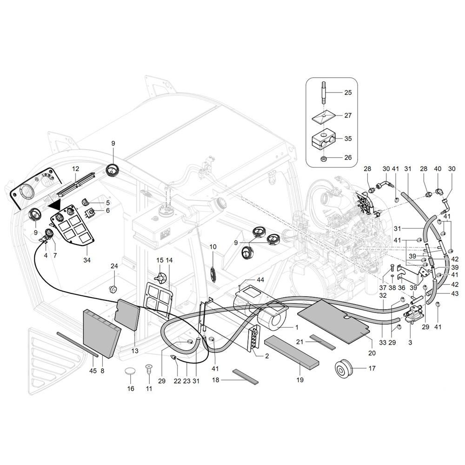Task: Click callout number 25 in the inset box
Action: (348, 93)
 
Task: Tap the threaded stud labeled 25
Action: (324, 93)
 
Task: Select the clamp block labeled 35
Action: (324, 139)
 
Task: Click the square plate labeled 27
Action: (324, 115)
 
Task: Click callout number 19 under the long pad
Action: (300, 379)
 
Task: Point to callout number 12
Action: (76, 169)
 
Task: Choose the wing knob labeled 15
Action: (161, 278)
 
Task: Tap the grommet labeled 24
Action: (113, 289)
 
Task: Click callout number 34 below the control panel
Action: (87, 260)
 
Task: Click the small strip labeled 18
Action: (245, 376)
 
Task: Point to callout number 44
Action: (260, 280)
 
